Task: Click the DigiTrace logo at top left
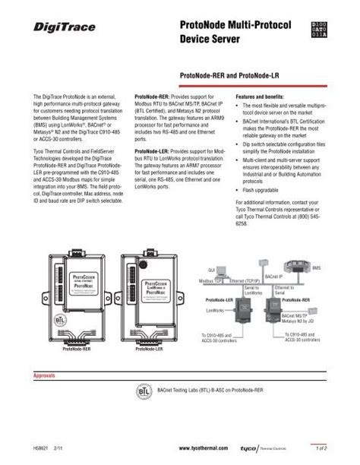tap(65, 27)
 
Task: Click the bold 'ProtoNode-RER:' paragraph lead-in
tap(152, 98)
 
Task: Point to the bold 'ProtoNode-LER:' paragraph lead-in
tap(152, 151)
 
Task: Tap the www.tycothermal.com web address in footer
tap(202, 450)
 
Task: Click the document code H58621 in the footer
tap(44, 450)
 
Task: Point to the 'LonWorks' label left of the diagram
tap(214, 312)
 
